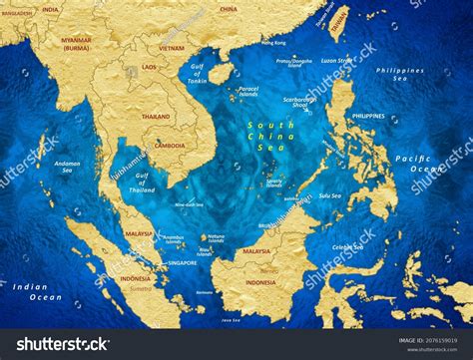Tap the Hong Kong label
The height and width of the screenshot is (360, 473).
click(x=273, y=43)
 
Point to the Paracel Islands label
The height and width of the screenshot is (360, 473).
click(x=248, y=91)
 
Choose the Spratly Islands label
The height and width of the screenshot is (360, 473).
click(x=274, y=182)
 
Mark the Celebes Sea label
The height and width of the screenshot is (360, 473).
click(x=346, y=246)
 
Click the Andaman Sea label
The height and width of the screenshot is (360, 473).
click(x=68, y=166)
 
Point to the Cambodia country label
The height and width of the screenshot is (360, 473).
click(x=169, y=145)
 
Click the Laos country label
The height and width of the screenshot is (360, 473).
click(x=149, y=67)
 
